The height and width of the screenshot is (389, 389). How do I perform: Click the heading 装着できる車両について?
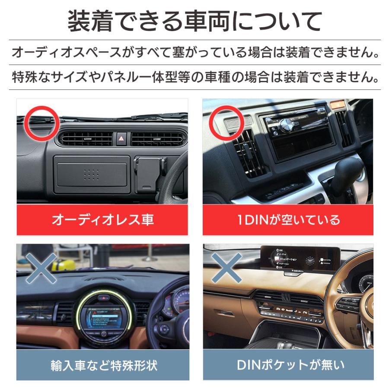pyautogui.click(x=194, y=21)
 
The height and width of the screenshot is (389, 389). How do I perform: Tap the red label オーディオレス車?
pyautogui.click(x=102, y=220)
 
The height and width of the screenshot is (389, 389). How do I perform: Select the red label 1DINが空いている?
pyautogui.click(x=288, y=220)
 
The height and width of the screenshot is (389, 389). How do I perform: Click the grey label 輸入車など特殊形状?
pyautogui.click(x=102, y=365)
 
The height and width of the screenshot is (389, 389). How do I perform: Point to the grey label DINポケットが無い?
pyautogui.click(x=288, y=365)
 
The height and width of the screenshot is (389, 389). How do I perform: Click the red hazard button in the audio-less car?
pyautogui.click(x=121, y=139)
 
